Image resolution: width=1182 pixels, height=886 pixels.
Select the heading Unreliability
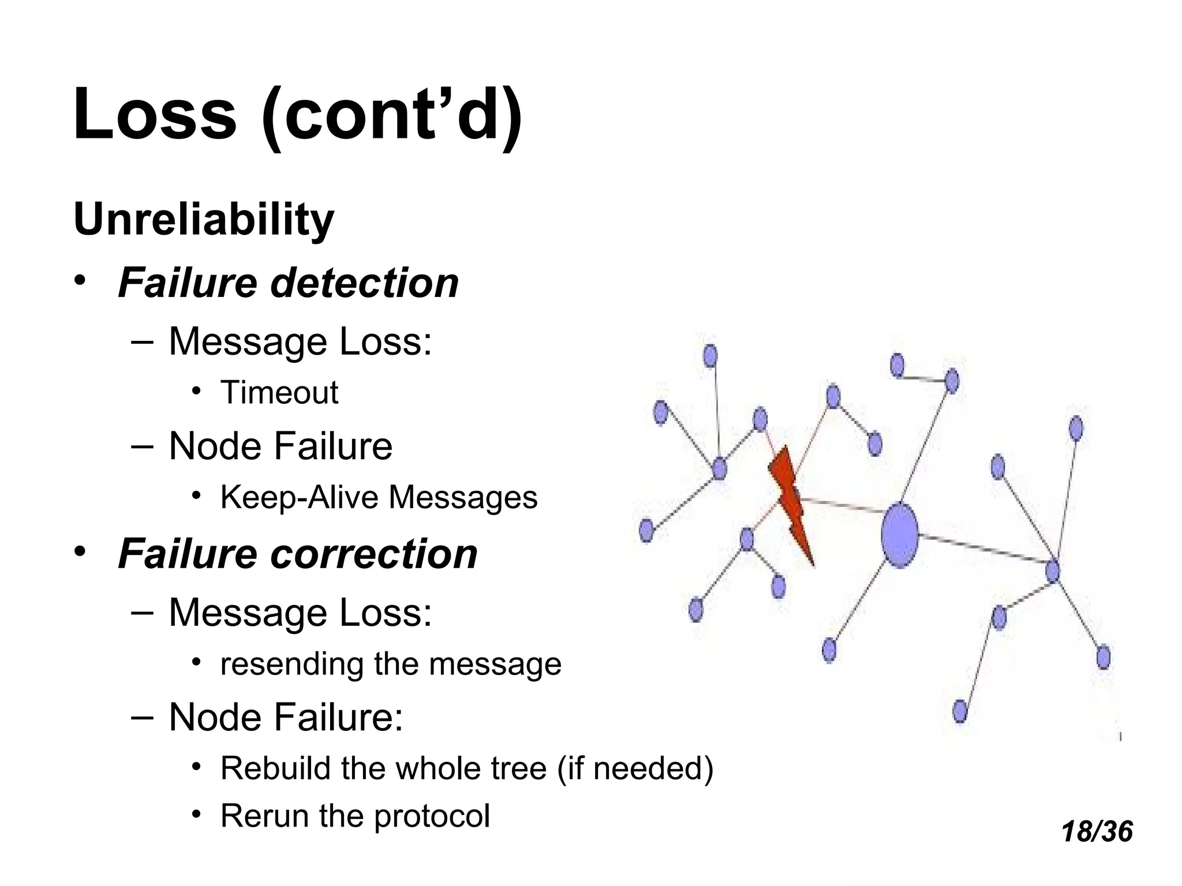click(204, 220)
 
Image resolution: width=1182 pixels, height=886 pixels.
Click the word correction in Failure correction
click(374, 554)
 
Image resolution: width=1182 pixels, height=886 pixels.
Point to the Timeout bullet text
click(279, 393)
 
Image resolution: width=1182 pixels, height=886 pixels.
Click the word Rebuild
click(275, 768)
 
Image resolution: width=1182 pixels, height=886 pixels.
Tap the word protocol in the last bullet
click(432, 816)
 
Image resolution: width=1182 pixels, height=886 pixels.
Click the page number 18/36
click(1097, 832)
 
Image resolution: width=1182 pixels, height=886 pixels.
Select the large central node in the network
click(899, 535)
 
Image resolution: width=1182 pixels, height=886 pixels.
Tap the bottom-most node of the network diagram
click(959, 711)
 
